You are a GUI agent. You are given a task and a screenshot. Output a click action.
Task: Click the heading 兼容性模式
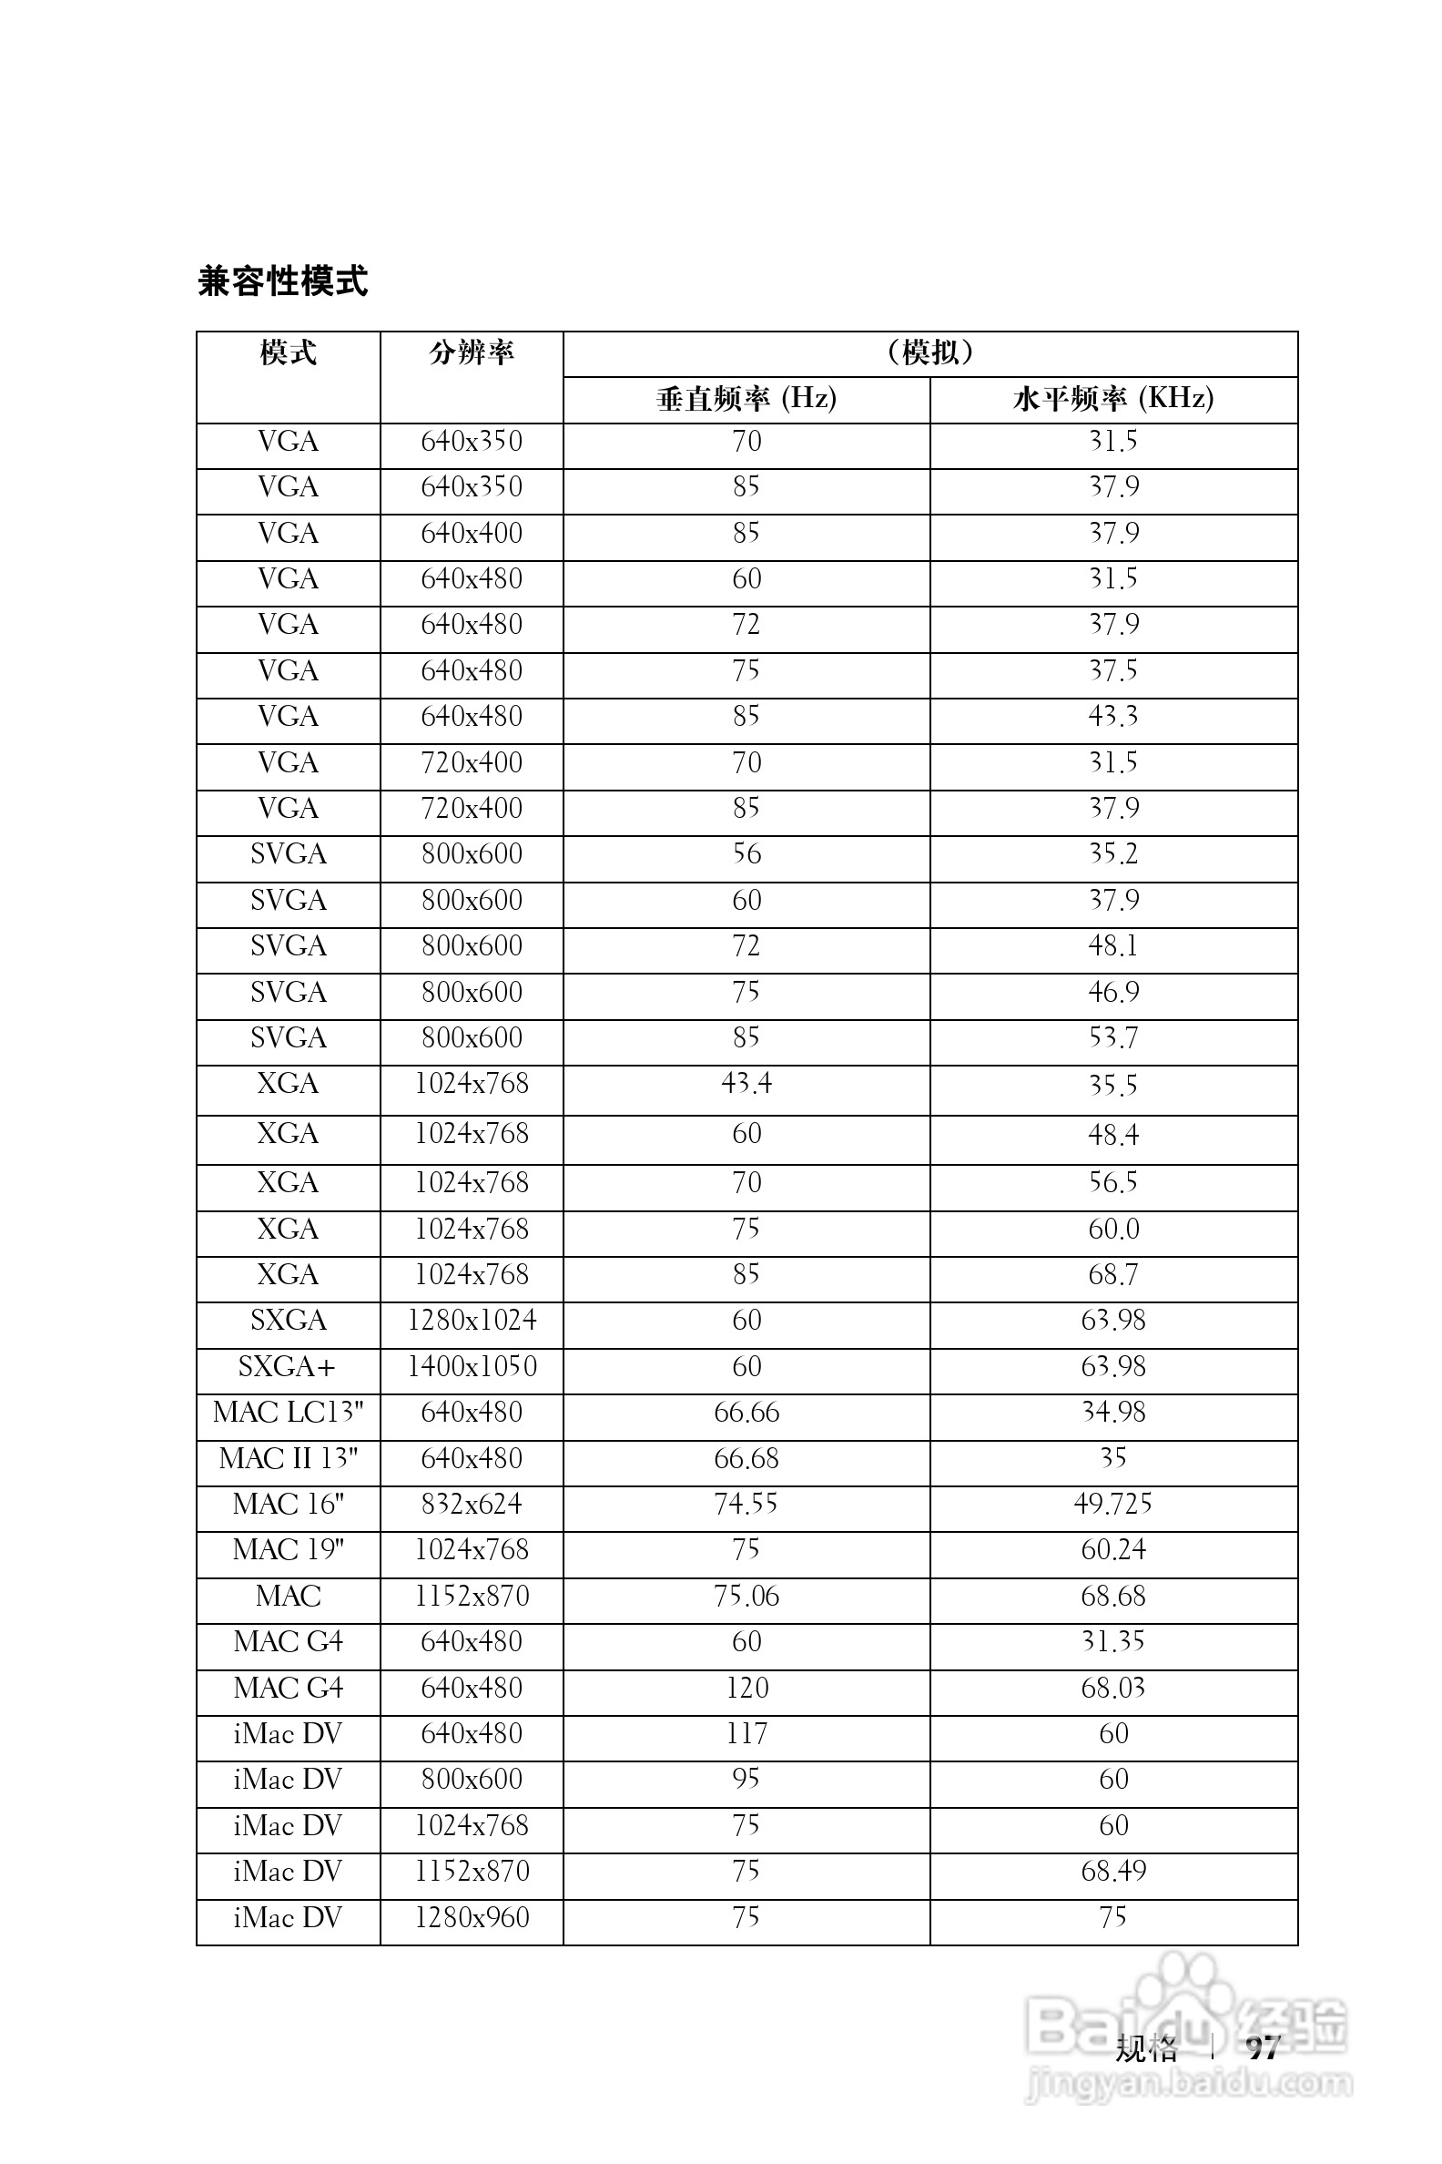282,281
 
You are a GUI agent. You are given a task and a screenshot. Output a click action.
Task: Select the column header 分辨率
471,352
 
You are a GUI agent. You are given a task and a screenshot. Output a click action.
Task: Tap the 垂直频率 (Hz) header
746,398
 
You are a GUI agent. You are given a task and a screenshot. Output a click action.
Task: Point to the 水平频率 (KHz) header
1112,398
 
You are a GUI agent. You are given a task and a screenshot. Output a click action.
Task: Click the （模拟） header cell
929,352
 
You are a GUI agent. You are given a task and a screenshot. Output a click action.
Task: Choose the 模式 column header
288,352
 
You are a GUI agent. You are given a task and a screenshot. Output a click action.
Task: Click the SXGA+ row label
288,1366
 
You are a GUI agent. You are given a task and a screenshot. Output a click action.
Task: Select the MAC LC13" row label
288,1413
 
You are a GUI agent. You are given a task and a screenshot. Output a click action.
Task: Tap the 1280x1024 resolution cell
472,1321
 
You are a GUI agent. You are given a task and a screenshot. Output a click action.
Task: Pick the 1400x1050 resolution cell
472,1366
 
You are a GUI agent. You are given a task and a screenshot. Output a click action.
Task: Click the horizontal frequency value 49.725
1112,1505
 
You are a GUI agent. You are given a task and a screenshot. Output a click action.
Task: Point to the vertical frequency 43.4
746,1084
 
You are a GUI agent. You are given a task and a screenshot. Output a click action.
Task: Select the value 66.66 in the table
746,1413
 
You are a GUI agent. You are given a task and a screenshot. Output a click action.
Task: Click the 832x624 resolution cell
472,1505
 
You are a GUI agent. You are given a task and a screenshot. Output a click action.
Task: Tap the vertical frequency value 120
746,1688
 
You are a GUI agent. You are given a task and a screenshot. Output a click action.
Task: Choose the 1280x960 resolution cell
472,1917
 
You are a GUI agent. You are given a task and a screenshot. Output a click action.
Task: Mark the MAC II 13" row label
288,1458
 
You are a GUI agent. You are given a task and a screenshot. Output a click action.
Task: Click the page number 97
1263,2048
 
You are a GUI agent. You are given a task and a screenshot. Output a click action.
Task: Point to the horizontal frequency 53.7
1112,1038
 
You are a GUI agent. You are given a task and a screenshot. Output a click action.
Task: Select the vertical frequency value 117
746,1733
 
